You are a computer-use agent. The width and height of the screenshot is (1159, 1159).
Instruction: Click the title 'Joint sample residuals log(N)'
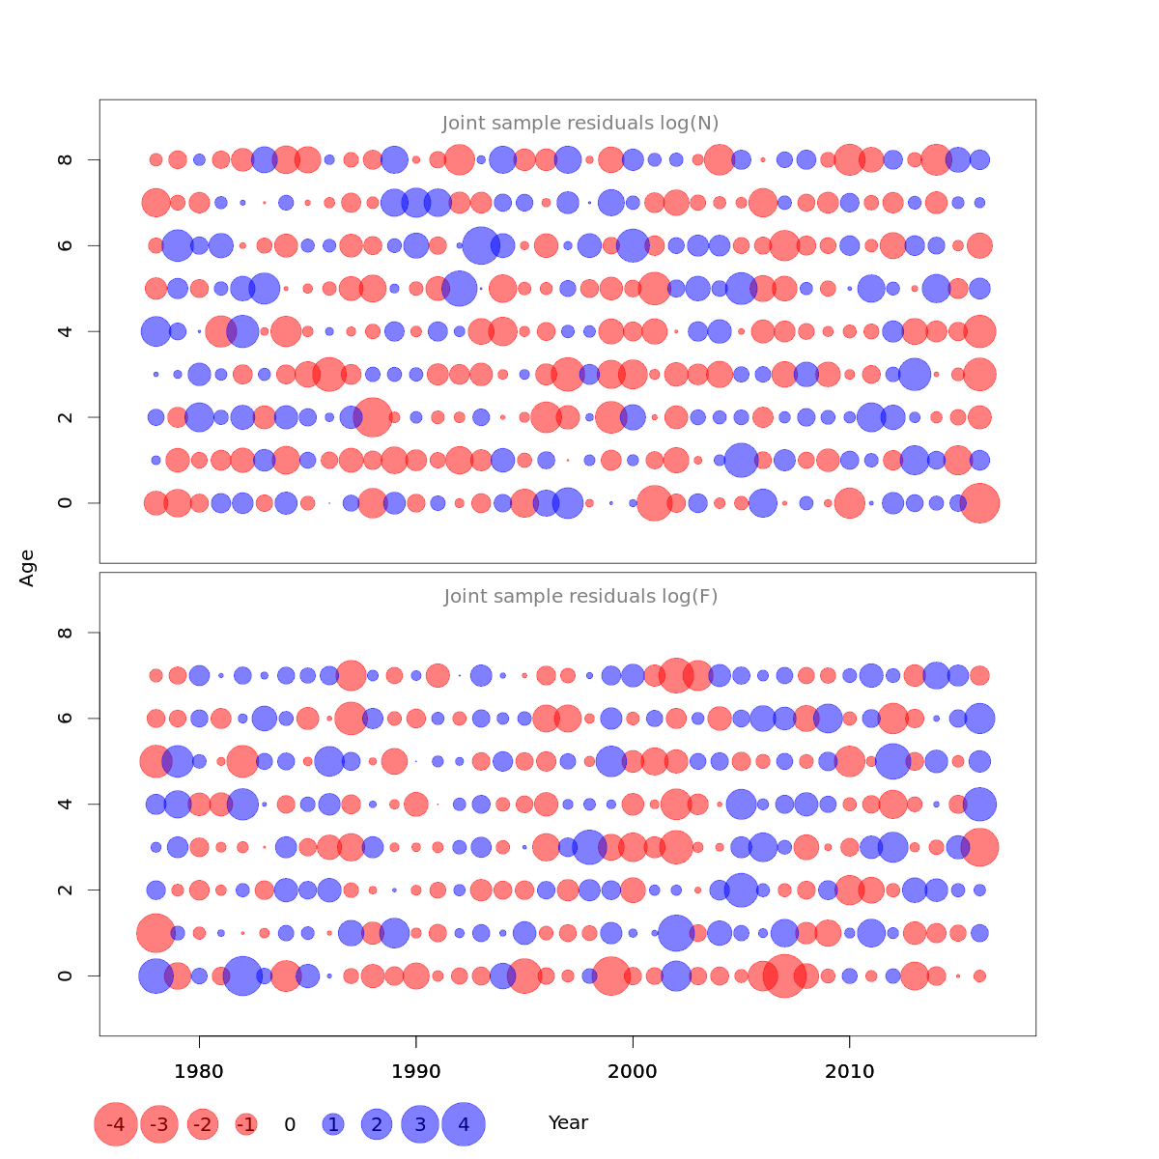tap(580, 124)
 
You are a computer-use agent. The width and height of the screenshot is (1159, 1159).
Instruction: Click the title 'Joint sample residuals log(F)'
tap(580, 597)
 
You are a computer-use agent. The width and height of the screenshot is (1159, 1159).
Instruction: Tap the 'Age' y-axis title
tap(27, 568)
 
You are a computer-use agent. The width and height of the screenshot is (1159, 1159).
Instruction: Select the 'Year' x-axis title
tap(568, 1123)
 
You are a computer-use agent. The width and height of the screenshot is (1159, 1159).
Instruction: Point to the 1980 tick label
tap(199, 1072)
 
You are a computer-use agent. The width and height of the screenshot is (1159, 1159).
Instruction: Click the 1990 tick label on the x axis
tap(416, 1072)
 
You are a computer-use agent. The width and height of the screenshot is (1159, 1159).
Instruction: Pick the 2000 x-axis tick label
tap(633, 1072)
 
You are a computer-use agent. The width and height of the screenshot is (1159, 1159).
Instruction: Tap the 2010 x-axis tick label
tap(850, 1072)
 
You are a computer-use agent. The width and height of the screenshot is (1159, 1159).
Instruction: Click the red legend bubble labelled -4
tap(116, 1124)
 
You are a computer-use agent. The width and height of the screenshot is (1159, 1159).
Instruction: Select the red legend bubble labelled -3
tap(159, 1124)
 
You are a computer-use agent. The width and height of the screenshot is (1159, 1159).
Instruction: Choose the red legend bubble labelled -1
tap(246, 1124)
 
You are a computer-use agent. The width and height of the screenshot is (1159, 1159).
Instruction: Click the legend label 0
tap(290, 1124)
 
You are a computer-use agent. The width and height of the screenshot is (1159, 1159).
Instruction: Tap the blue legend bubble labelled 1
tap(333, 1124)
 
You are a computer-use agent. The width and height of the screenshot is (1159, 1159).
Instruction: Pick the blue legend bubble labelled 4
tap(464, 1124)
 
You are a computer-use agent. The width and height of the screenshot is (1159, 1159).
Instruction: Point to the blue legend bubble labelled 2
tap(377, 1124)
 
